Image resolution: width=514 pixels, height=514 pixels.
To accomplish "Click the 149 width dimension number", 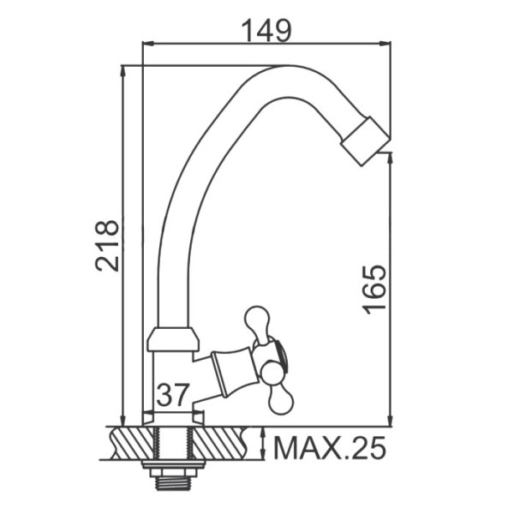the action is pos(266,31).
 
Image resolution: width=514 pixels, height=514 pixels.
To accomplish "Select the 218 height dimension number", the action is pos(107,246).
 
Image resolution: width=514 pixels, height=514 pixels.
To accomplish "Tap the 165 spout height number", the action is pos(374,290).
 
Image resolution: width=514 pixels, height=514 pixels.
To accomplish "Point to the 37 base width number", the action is pos(173,395).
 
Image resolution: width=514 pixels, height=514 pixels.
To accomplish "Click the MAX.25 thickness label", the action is pos(329,448).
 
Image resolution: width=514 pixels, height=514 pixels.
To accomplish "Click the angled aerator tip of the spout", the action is pos(365,141).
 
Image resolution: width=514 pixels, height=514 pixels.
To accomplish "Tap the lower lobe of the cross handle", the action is pos(279,397).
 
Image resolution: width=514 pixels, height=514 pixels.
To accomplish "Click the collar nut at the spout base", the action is pos(173,339).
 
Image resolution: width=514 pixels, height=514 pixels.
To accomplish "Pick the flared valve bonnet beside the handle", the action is pos(233,372).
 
